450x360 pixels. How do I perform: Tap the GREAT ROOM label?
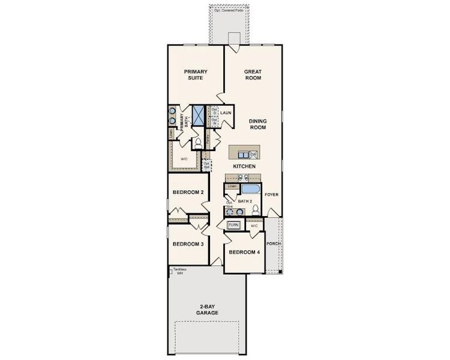pos(253,75)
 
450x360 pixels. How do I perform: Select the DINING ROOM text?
pos(258,124)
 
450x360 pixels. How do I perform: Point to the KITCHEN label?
pos(245,166)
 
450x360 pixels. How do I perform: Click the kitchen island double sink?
pos(244,178)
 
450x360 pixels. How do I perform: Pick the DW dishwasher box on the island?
pos(253,154)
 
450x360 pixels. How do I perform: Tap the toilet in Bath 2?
pos(256,210)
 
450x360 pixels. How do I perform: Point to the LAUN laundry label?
pos(226,112)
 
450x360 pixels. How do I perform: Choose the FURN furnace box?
pos(234,225)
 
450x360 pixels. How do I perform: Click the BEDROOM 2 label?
pos(188,192)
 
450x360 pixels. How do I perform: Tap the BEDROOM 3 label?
pos(188,244)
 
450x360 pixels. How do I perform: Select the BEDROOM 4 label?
pos(245,252)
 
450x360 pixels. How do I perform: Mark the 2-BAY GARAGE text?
pos(208,310)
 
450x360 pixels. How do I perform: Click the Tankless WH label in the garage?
pos(178,271)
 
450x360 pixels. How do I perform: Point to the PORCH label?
pos(274,244)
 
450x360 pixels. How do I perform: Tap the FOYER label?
pos(272,195)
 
